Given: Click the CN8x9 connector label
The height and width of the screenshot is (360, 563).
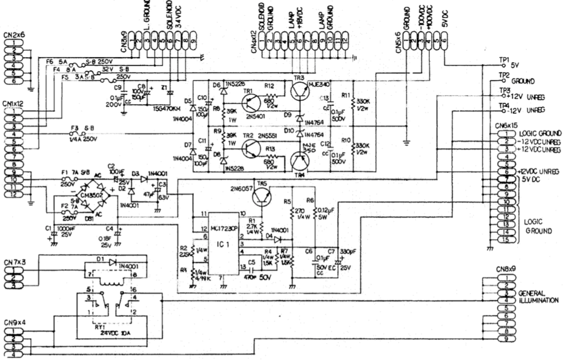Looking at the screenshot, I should point(506,270).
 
